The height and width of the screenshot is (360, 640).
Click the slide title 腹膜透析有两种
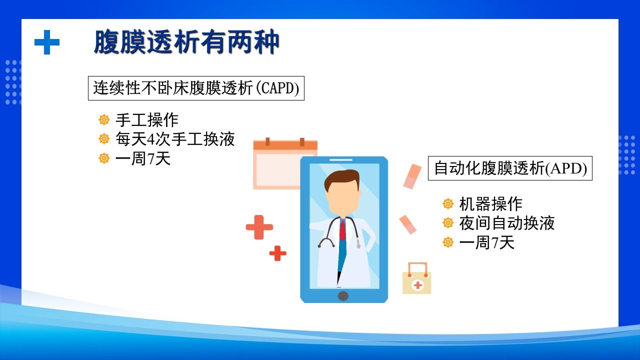pyautogui.click(x=186, y=42)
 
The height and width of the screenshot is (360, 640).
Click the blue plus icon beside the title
pyautogui.click(x=47, y=42)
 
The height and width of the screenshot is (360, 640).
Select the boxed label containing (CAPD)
pyautogui.click(x=196, y=88)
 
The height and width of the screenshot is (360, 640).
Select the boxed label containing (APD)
pyautogui.click(x=510, y=168)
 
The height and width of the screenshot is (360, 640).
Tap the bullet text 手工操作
pyautogui.click(x=146, y=120)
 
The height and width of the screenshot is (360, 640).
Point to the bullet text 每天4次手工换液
pyautogui.click(x=175, y=139)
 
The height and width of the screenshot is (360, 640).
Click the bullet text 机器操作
pyautogui.click(x=490, y=204)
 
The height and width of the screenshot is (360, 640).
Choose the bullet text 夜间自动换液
pyautogui.click(x=506, y=223)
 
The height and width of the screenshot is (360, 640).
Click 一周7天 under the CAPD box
pyautogui.click(x=142, y=158)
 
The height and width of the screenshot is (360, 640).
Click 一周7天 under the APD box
pyautogui.click(x=486, y=243)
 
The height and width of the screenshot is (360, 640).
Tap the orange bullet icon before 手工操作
pyautogui.click(x=104, y=120)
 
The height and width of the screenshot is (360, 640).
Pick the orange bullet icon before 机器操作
pyautogui.click(x=448, y=204)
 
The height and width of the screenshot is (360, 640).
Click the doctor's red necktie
pyautogui.click(x=342, y=230)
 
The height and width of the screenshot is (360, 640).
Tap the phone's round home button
pyautogui.click(x=343, y=295)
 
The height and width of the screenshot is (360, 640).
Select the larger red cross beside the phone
pyautogui.click(x=259, y=227)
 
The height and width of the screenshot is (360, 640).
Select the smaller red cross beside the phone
pyautogui.click(x=278, y=253)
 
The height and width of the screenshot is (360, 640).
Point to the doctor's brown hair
pyautogui.click(x=341, y=179)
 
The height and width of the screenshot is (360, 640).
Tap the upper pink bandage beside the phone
pyautogui.click(x=412, y=176)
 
